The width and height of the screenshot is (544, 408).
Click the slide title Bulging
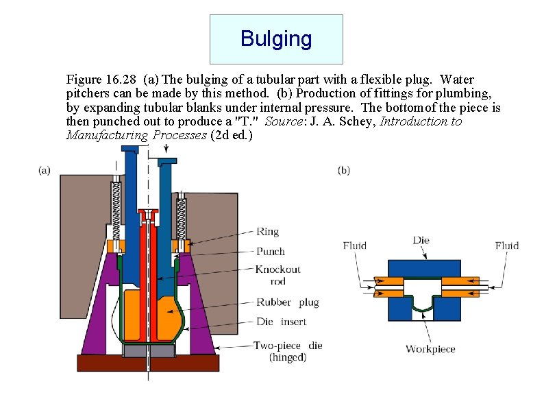click(x=275, y=39)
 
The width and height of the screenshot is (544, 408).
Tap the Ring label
click(x=267, y=232)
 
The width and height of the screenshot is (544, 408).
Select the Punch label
click(x=270, y=251)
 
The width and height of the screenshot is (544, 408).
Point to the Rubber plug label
click(x=288, y=302)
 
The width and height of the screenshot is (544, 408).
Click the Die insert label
click(x=274, y=321)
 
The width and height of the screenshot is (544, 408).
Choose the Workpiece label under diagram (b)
click(x=430, y=349)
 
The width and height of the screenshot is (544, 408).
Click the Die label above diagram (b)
click(x=421, y=241)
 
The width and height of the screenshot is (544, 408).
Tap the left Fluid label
click(x=355, y=245)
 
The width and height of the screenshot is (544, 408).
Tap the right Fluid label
click(x=506, y=245)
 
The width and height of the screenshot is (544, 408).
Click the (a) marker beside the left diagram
click(x=44, y=170)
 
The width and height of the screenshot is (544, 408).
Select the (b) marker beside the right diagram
click(x=344, y=170)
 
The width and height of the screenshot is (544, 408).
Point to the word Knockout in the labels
click(x=277, y=269)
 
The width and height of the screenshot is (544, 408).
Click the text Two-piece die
click(x=288, y=346)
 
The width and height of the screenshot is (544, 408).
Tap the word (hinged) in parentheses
click(x=287, y=357)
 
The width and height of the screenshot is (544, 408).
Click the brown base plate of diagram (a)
click(x=147, y=363)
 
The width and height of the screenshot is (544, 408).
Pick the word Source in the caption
click(x=281, y=122)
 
